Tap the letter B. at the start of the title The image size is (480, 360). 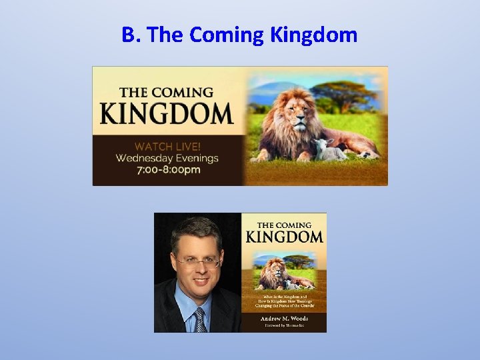click(130, 35)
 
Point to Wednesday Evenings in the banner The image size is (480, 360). click(167, 158)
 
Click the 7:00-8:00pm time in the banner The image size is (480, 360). click(167, 171)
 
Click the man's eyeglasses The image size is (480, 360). click(197, 263)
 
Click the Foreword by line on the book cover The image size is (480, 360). click(283, 326)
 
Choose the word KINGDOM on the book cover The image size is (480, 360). click(284, 237)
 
